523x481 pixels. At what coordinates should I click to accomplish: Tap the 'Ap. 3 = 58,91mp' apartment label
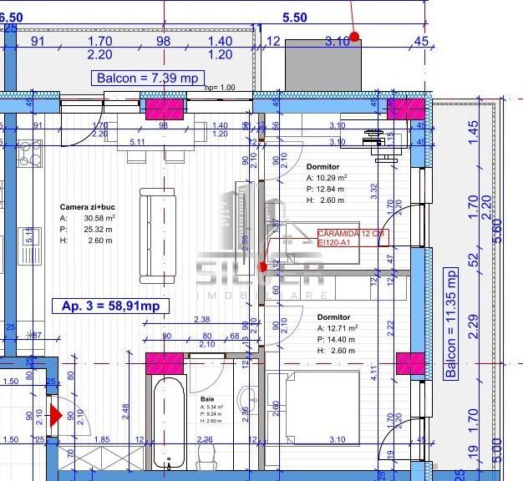click(x=110, y=306)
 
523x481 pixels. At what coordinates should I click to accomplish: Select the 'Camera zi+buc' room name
click(x=87, y=206)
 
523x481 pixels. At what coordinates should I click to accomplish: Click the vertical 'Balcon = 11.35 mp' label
click(x=451, y=323)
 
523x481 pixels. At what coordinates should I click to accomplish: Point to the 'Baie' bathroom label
click(x=207, y=399)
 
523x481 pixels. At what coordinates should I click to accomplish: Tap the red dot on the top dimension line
click(x=354, y=37)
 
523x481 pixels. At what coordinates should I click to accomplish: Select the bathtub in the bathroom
click(x=170, y=422)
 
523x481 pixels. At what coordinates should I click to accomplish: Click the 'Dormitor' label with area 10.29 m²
click(x=322, y=167)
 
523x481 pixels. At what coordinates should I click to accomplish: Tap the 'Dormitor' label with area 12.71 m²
click(x=333, y=317)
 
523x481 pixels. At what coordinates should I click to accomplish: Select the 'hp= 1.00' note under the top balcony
click(x=219, y=88)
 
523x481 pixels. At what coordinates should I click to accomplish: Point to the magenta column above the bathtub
click(x=165, y=365)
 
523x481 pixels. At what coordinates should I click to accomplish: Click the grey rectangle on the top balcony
click(x=323, y=63)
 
